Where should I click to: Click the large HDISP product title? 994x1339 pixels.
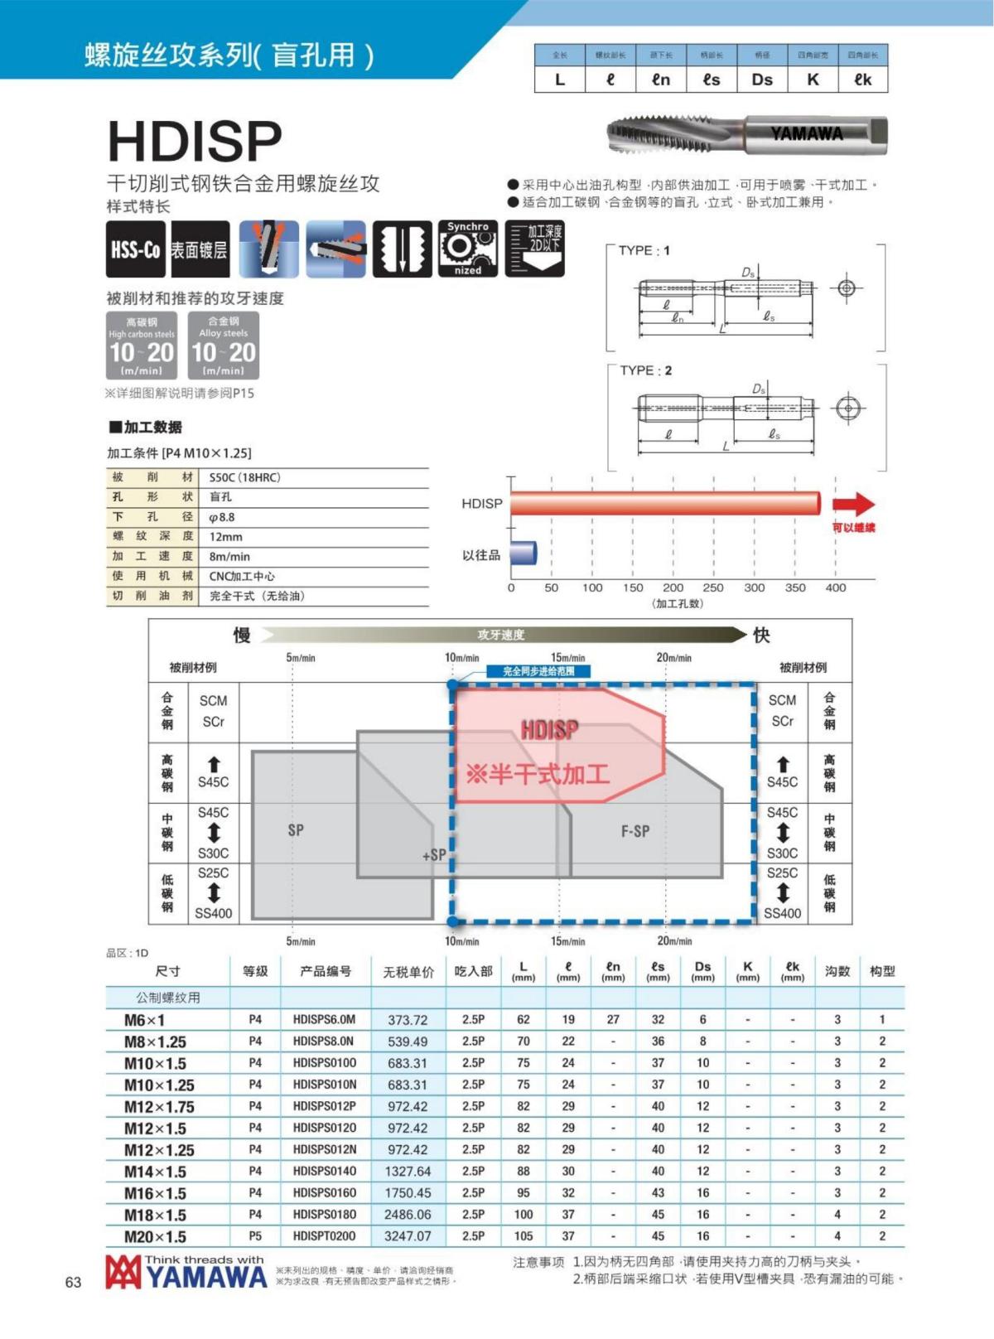coord(195,141)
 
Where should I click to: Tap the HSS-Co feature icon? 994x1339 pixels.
coord(135,249)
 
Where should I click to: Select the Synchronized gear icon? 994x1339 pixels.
coord(467,249)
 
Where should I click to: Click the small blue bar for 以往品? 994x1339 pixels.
coord(524,553)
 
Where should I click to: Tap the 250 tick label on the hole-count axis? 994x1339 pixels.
coord(712,587)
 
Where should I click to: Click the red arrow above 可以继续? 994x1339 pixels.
coord(853,503)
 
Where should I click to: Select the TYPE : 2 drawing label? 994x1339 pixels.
coord(646,370)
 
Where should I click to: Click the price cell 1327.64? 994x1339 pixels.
coord(408,1172)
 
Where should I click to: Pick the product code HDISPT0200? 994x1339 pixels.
coord(325,1236)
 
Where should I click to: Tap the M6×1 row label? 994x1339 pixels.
coord(144,1020)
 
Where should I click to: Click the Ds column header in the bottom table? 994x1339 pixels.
coord(702,970)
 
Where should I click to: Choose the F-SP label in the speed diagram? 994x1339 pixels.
coord(635,831)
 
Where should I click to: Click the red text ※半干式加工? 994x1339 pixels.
coord(538,775)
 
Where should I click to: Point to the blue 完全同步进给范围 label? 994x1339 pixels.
coord(538,671)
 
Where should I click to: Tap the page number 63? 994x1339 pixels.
coord(73,1283)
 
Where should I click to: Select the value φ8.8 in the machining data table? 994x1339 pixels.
coord(222,517)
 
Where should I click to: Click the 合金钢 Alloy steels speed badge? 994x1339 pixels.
coord(223,346)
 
